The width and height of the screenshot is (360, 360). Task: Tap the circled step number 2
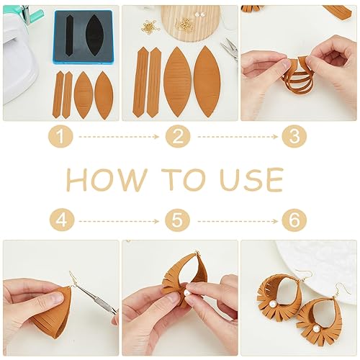point(179,135)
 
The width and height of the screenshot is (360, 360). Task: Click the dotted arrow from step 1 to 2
point(120,135)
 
